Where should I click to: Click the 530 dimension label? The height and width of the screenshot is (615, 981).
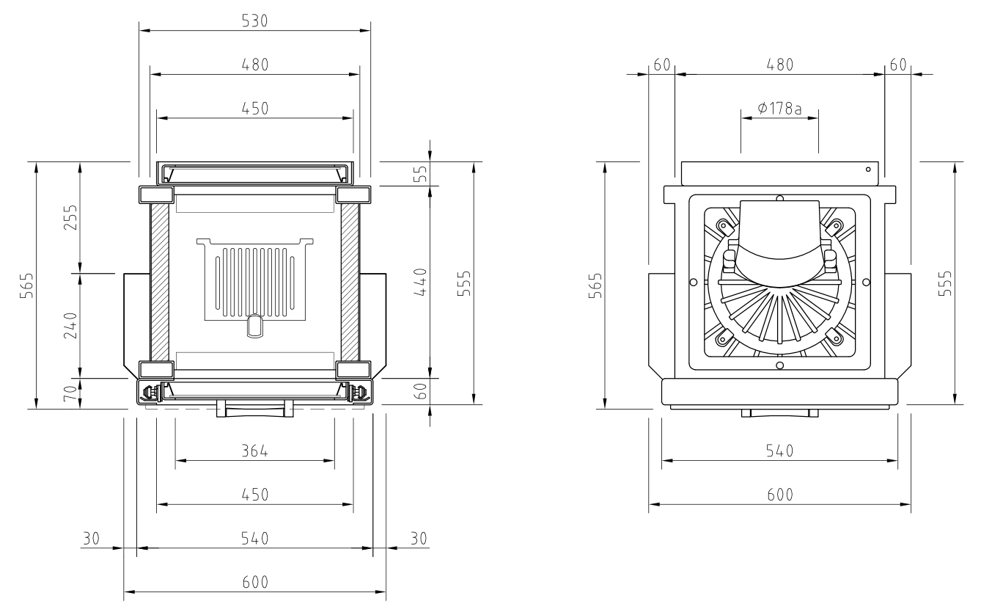click(254, 21)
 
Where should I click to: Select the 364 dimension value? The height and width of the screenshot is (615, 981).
click(254, 451)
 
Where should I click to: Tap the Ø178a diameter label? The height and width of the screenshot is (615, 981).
click(779, 109)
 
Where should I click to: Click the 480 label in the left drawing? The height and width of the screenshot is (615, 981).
click(254, 64)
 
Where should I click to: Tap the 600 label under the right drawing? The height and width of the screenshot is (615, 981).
click(779, 494)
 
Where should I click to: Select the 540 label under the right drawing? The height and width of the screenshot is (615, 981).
click(779, 451)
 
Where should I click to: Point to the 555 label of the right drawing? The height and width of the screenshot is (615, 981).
click(946, 283)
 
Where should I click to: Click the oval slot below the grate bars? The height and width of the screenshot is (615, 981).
click(254, 327)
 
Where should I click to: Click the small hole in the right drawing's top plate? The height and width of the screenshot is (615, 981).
click(868, 170)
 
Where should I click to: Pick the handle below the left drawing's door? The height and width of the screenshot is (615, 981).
click(254, 409)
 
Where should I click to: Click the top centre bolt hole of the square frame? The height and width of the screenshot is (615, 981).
click(779, 198)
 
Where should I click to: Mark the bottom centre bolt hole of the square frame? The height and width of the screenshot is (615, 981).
click(779, 365)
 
